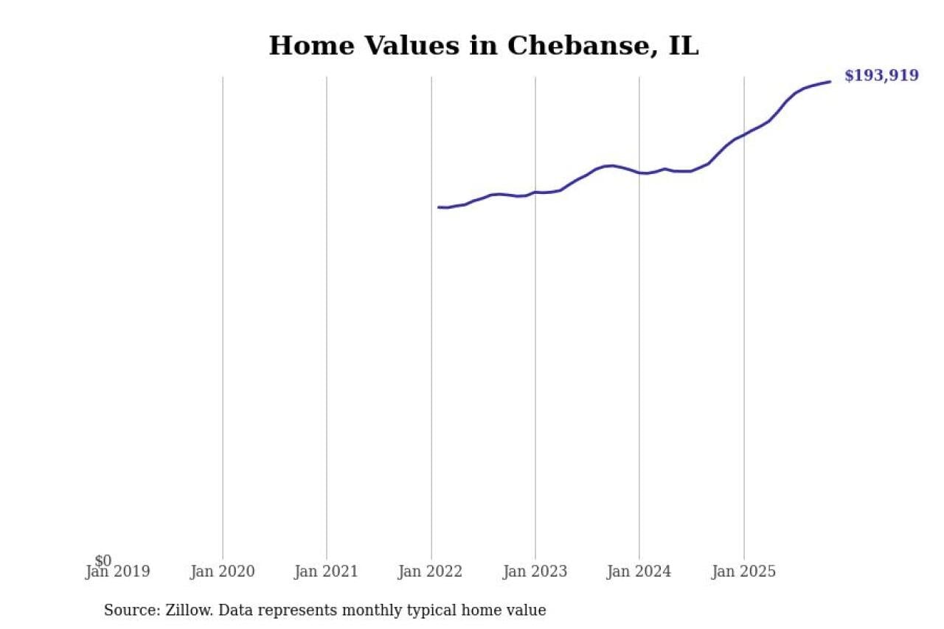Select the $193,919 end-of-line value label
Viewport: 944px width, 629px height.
(881, 75)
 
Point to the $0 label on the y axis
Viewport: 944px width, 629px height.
(103, 561)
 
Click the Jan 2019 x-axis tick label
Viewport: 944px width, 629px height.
(118, 571)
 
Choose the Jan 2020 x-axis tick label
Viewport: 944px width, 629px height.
(222, 571)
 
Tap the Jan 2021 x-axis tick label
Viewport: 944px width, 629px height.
(326, 571)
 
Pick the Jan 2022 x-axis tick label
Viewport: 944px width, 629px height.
(431, 571)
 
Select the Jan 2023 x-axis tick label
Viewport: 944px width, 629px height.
(535, 571)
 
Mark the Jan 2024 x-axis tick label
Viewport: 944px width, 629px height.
(639, 571)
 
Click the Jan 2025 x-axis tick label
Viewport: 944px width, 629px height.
(743, 571)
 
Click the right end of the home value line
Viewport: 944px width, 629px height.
(830, 81)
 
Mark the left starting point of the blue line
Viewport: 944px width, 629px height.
(438, 207)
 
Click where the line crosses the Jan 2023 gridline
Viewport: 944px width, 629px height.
(535, 192)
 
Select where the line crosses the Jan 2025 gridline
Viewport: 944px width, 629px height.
(743, 135)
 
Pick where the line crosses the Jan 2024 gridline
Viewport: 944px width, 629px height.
(639, 173)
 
